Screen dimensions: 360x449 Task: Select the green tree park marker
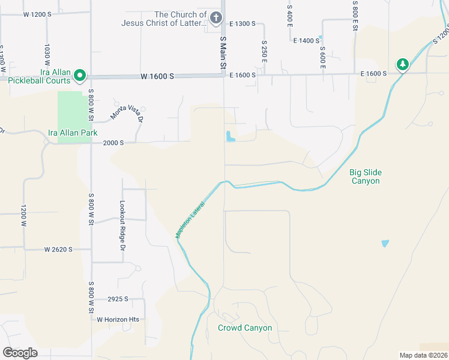403,64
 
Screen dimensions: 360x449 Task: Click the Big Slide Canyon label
366,176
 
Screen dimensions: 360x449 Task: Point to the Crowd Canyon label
245,328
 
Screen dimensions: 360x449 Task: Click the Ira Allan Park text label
73,133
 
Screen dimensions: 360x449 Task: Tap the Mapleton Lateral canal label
191,221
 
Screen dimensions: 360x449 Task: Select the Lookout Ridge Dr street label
123,222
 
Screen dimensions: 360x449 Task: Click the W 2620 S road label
58,249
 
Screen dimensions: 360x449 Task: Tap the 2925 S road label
118,298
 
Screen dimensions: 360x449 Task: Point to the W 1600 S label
157,77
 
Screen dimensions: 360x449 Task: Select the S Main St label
223,52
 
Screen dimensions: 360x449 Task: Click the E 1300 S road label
243,23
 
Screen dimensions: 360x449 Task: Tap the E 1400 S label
306,40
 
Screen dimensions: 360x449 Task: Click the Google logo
20,353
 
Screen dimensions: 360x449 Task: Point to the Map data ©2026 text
423,355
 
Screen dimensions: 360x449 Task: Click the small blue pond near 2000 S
230,137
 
